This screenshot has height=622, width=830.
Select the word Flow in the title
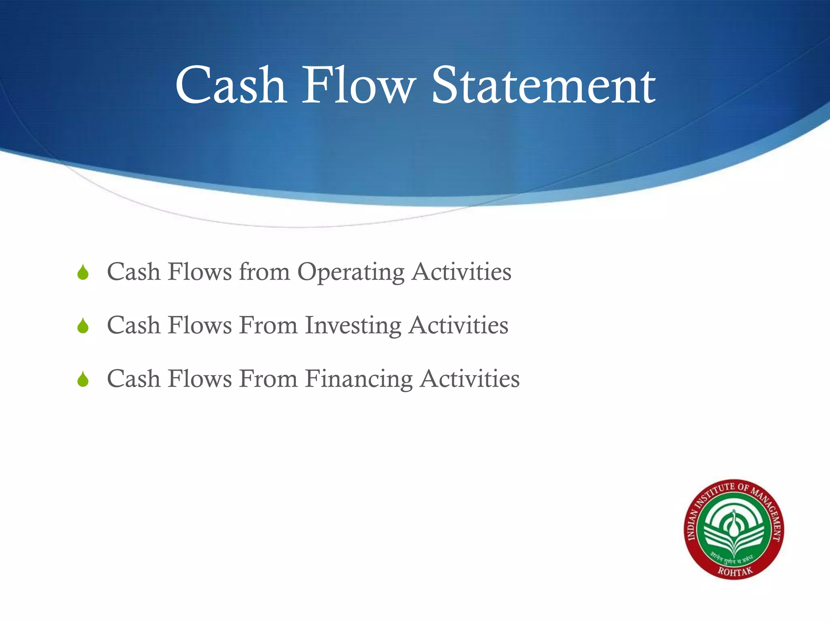point(359,86)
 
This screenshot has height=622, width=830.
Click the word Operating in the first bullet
point(351,272)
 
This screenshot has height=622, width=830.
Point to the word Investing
point(353,326)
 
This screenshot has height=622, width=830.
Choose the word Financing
point(359,379)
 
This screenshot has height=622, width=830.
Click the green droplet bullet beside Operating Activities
point(83,273)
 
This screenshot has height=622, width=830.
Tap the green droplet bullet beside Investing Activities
point(83,326)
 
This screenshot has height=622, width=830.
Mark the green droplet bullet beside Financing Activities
point(83,379)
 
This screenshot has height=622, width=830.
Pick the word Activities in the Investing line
point(458,325)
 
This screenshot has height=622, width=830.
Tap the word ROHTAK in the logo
point(735,571)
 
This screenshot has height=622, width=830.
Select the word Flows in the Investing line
point(199,325)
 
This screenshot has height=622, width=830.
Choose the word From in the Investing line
point(268,325)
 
